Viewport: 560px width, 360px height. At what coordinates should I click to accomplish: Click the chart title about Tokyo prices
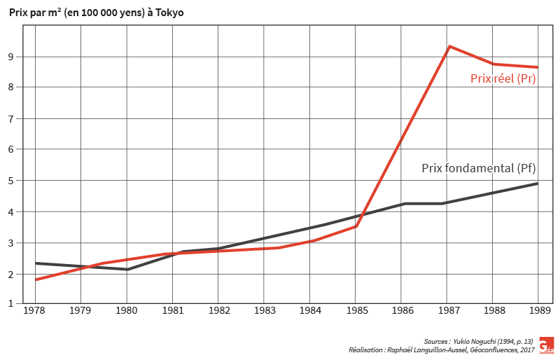(x=97, y=13)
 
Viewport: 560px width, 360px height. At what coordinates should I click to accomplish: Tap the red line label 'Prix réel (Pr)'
(x=503, y=79)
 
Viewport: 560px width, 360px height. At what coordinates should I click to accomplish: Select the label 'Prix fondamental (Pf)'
(x=479, y=168)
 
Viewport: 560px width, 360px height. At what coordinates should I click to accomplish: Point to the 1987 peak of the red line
(x=449, y=46)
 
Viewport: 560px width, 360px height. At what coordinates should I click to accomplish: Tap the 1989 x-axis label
(x=538, y=309)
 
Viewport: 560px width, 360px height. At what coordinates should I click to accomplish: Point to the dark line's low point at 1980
(x=127, y=269)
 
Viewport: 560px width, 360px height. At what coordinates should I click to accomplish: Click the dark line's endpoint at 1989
(x=537, y=184)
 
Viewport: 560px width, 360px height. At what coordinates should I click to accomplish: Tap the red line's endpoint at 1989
(x=537, y=67)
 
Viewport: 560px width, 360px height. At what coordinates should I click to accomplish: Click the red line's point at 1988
(x=493, y=64)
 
